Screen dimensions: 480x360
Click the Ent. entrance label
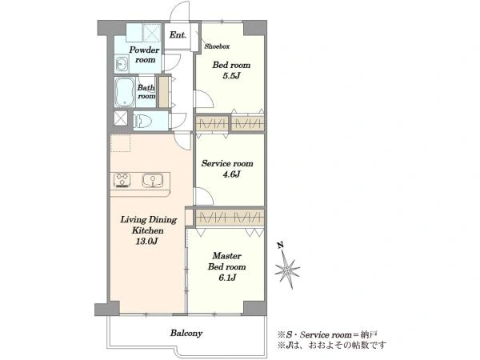[x=178, y=35]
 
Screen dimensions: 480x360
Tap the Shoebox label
[x=217, y=46]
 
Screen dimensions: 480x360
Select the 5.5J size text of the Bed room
[x=231, y=76]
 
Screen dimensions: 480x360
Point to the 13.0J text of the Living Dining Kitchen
[x=147, y=242]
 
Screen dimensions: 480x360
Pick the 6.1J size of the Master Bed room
[x=227, y=278]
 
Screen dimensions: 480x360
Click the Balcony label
[x=186, y=333]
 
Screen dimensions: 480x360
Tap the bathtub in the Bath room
[x=125, y=92]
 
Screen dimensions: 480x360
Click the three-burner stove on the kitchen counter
[x=122, y=180]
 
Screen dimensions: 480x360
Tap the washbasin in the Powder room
[x=122, y=64]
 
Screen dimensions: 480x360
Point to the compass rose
[x=287, y=270]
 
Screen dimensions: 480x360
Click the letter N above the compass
[x=279, y=245]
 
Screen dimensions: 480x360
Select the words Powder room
[x=144, y=54]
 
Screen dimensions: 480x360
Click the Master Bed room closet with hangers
[x=230, y=218]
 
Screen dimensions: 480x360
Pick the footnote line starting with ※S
[x=327, y=334]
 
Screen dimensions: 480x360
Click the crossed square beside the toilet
[x=121, y=118]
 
